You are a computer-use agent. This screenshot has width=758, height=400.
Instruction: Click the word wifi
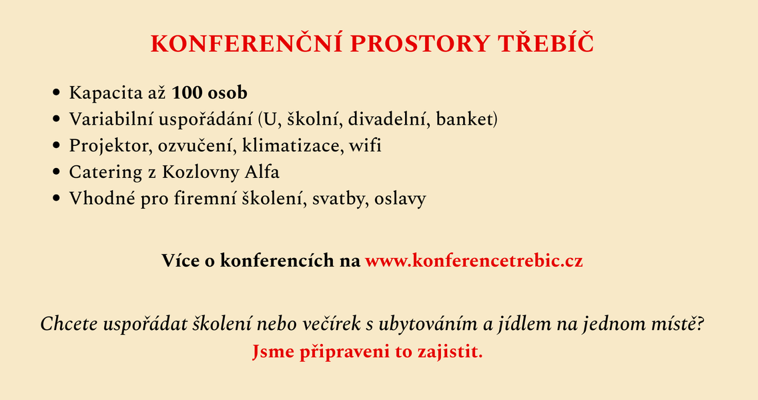pyautogui.click(x=365, y=146)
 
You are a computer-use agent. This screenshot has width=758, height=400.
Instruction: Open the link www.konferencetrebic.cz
pyautogui.click(x=474, y=260)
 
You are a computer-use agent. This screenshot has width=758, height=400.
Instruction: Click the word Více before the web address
pyautogui.click(x=180, y=260)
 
